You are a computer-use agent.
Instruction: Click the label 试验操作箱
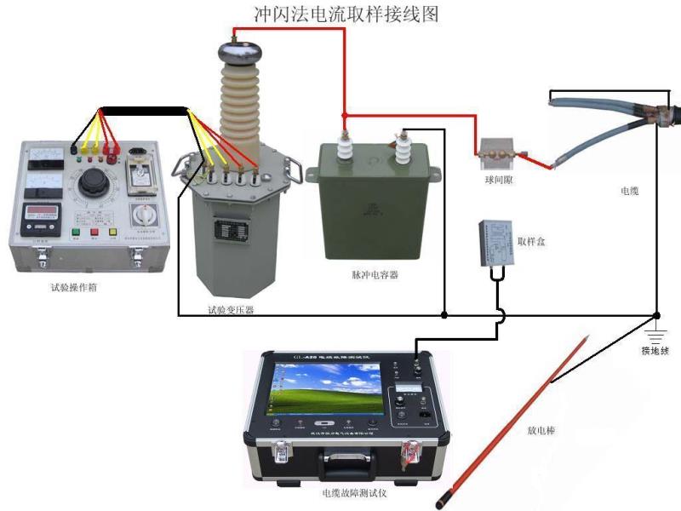point(73,287)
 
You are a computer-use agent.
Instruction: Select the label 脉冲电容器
point(375,275)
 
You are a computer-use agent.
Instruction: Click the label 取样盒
point(531,242)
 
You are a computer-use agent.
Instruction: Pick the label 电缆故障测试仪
point(355,493)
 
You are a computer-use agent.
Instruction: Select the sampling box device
point(495,238)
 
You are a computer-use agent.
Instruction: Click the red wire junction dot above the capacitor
point(344,114)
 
